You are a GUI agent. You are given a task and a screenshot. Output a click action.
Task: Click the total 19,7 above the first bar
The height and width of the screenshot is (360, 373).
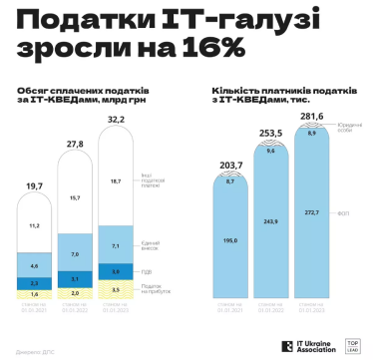tap(34, 185)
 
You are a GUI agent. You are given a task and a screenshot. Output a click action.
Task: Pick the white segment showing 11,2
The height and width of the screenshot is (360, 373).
tap(34, 226)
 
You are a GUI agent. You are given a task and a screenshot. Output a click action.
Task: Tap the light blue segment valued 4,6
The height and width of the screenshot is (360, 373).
tap(34, 266)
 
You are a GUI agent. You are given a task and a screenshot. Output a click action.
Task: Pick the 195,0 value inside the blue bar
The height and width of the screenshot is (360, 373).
tap(229, 240)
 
